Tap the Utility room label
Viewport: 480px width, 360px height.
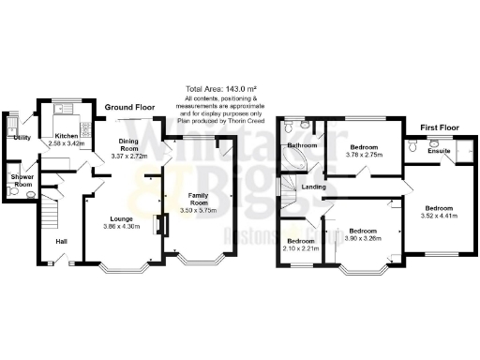(x=22, y=138)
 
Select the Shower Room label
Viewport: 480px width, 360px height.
(x=22, y=181)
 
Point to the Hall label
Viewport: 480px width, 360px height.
(x=60, y=242)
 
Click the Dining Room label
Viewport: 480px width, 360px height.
(x=129, y=145)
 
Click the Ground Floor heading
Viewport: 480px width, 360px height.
(x=129, y=108)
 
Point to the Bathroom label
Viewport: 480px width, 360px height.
(x=302, y=146)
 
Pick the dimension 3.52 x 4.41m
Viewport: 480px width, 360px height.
(x=438, y=216)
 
